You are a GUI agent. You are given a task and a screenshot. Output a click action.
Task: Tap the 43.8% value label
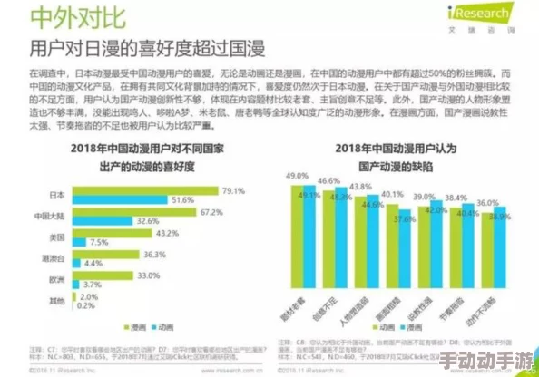click(361, 186)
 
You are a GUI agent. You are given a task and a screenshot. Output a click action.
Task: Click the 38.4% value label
click(456, 197)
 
